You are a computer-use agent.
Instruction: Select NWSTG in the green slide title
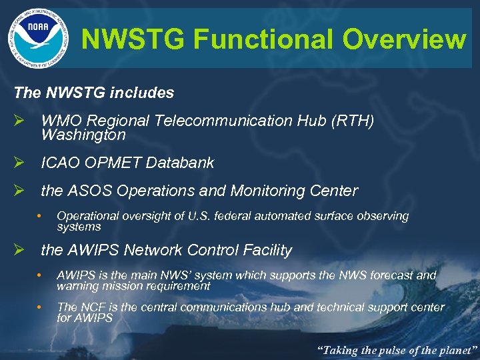click(x=133, y=39)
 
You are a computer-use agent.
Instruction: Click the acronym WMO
click(x=61, y=121)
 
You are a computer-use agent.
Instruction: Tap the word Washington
click(x=83, y=135)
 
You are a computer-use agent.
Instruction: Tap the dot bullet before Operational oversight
click(x=40, y=216)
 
